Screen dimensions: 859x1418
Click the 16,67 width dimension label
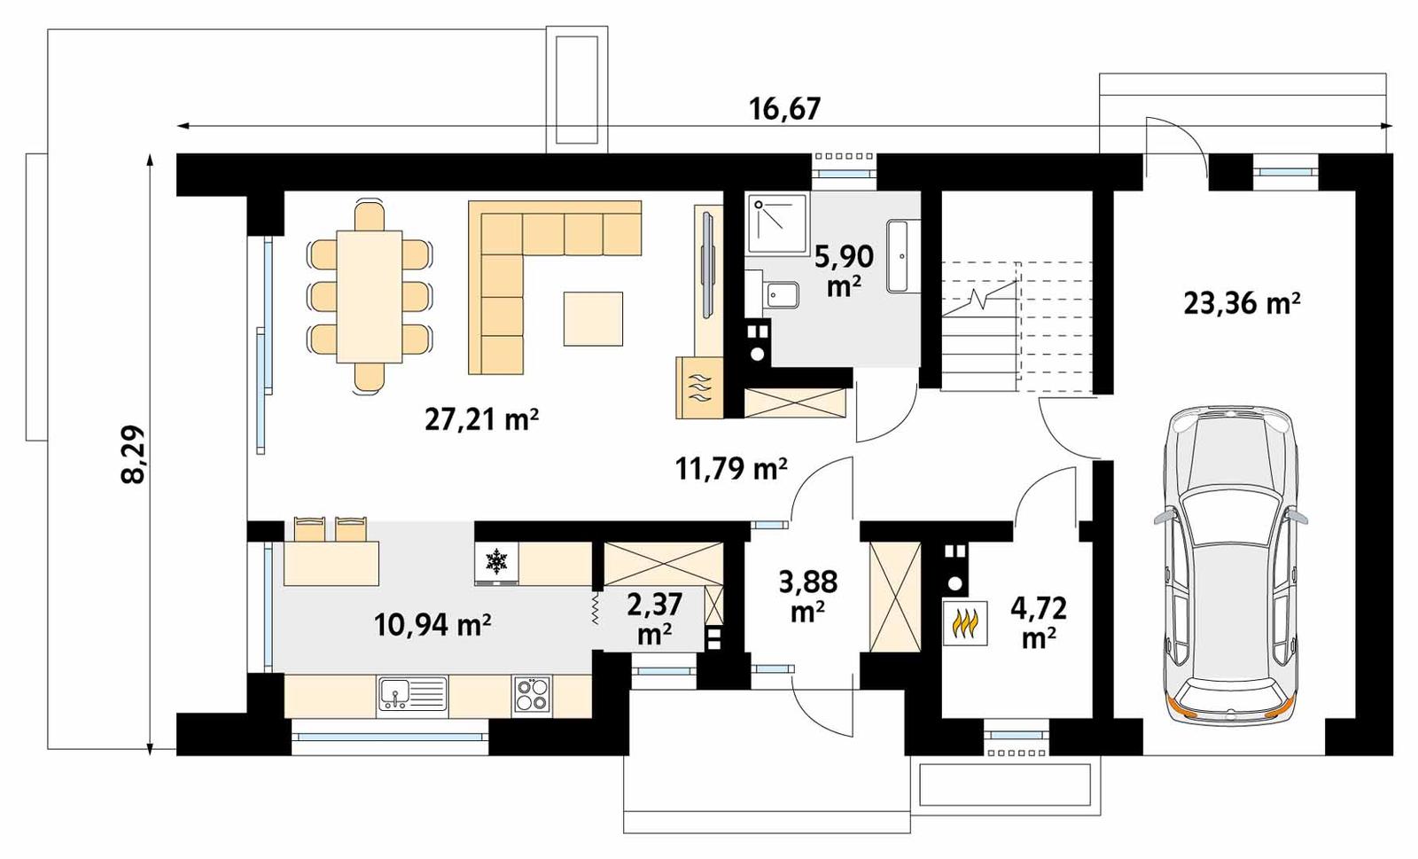pyautogui.click(x=784, y=109)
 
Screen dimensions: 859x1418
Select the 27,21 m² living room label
pyautogui.click(x=481, y=419)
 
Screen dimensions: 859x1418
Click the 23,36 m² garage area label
pyautogui.click(x=1242, y=303)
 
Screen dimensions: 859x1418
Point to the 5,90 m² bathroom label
pyautogui.click(x=844, y=270)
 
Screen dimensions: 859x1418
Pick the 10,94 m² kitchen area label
pyautogui.click(x=432, y=625)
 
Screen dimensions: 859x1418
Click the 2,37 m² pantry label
pyautogui.click(x=654, y=618)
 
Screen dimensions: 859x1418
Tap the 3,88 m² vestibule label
pyautogui.click(x=807, y=596)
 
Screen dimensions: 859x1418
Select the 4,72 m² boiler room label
pyautogui.click(x=1038, y=621)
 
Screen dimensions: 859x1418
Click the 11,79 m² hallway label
pyautogui.click(x=731, y=468)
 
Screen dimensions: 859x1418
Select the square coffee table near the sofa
pyautogui.click(x=593, y=318)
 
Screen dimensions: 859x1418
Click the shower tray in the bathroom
pyautogui.click(x=776, y=223)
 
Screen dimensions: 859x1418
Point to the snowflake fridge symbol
pyautogui.click(x=496, y=560)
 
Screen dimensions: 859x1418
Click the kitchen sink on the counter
pyautogui.click(x=413, y=694)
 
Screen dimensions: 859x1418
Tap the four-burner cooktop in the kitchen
pyautogui.click(x=532, y=694)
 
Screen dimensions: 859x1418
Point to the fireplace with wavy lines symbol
pyautogui.click(x=699, y=387)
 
